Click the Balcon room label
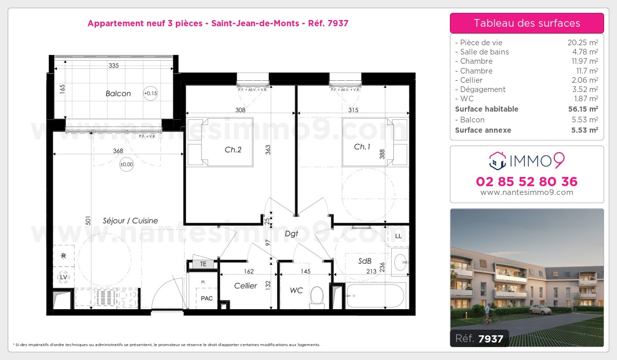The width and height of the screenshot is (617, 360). pyautogui.click(x=118, y=94)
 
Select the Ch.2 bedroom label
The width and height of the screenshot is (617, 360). pyautogui.click(x=233, y=149)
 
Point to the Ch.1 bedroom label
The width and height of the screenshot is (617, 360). pyautogui.click(x=362, y=147)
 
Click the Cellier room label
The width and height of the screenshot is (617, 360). pyautogui.click(x=245, y=286)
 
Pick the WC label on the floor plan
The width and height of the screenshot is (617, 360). pyautogui.click(x=296, y=291)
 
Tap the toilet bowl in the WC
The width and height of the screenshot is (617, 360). pyautogui.click(x=317, y=297)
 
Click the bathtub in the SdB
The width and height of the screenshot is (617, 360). pyautogui.click(x=376, y=296)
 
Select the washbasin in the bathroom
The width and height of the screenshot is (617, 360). pyautogui.click(x=400, y=262)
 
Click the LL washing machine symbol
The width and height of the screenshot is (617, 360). pyautogui.click(x=398, y=236)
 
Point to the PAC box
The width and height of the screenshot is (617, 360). pyautogui.click(x=207, y=298)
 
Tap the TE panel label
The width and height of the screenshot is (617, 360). pyautogui.click(x=203, y=264)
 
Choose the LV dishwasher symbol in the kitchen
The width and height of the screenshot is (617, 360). pyautogui.click(x=64, y=277)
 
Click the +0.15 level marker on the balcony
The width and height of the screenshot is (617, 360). pyautogui.click(x=151, y=93)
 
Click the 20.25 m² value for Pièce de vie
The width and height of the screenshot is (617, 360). pyautogui.click(x=582, y=43)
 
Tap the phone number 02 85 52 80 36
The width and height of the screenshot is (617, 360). pyautogui.click(x=527, y=182)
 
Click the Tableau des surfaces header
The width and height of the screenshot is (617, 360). pyautogui.click(x=527, y=23)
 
